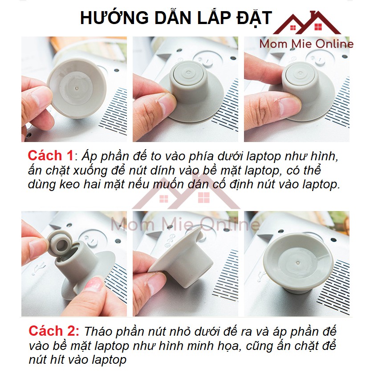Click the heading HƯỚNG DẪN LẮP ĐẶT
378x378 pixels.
(176, 18)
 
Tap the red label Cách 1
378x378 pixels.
(51, 155)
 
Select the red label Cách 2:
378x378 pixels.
(54, 331)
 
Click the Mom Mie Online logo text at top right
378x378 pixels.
(306, 44)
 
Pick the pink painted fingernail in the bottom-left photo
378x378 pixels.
(94, 285)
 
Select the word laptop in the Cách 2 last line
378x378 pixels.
(109, 360)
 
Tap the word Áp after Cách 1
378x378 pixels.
(89, 156)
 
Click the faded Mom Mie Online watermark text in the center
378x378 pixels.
(185, 224)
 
